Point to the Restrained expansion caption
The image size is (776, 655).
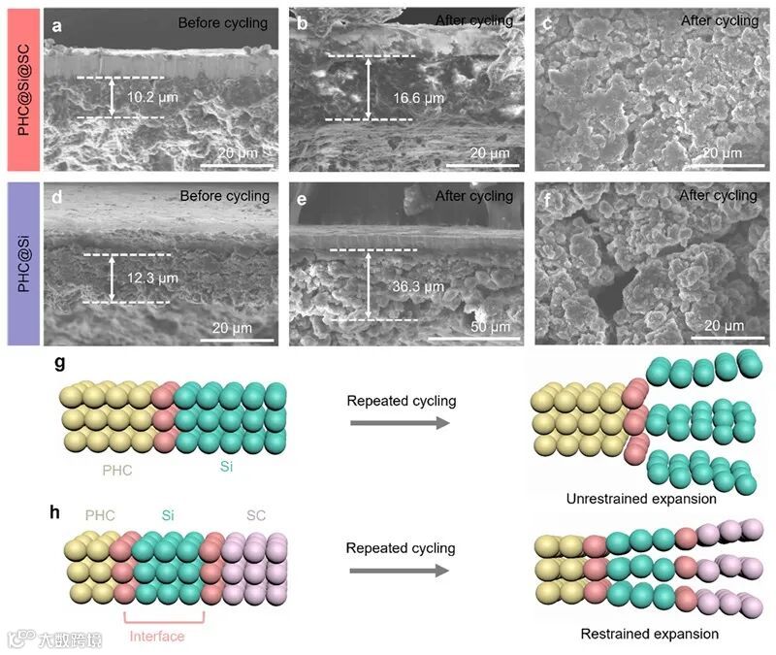coord(650,634)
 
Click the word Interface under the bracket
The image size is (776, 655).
coord(156,636)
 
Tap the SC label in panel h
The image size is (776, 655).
coord(255,515)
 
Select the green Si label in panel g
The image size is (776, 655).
coord(226,467)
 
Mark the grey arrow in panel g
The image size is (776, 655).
coord(401,423)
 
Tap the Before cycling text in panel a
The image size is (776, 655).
coord(222,22)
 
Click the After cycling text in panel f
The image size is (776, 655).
coord(720,196)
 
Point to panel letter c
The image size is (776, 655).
coord(546,25)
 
